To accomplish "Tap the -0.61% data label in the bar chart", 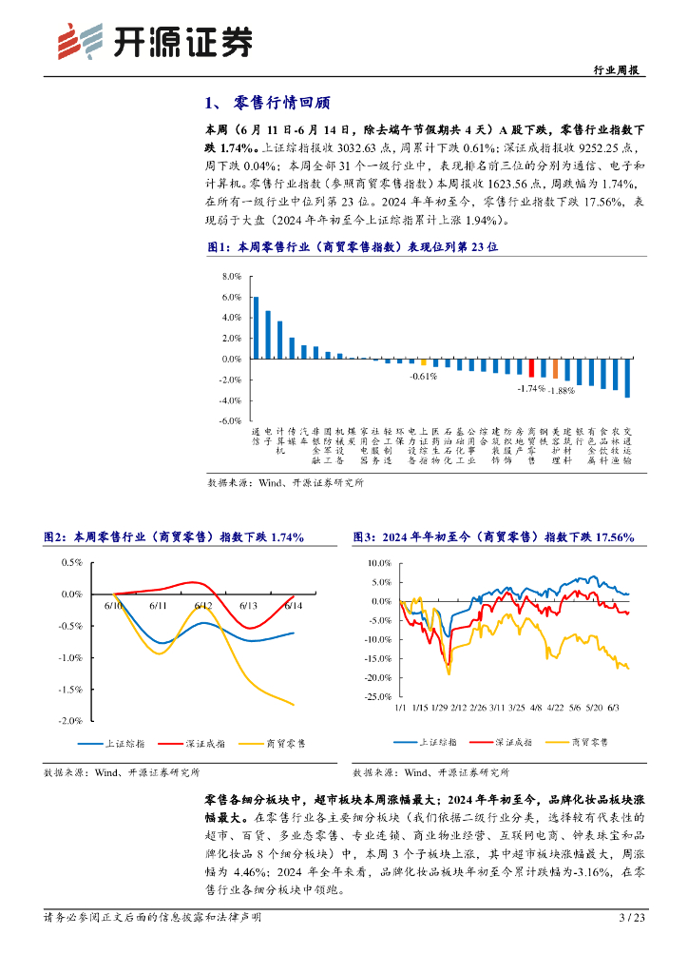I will (423, 377).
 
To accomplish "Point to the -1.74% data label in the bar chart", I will (530, 388).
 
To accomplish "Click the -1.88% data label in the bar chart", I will (562, 390).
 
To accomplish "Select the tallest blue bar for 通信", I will (256, 327).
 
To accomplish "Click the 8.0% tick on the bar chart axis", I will (231, 277).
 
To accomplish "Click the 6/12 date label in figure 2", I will (202, 605).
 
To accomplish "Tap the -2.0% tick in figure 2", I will (71, 721).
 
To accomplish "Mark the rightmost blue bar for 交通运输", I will (627, 378).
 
